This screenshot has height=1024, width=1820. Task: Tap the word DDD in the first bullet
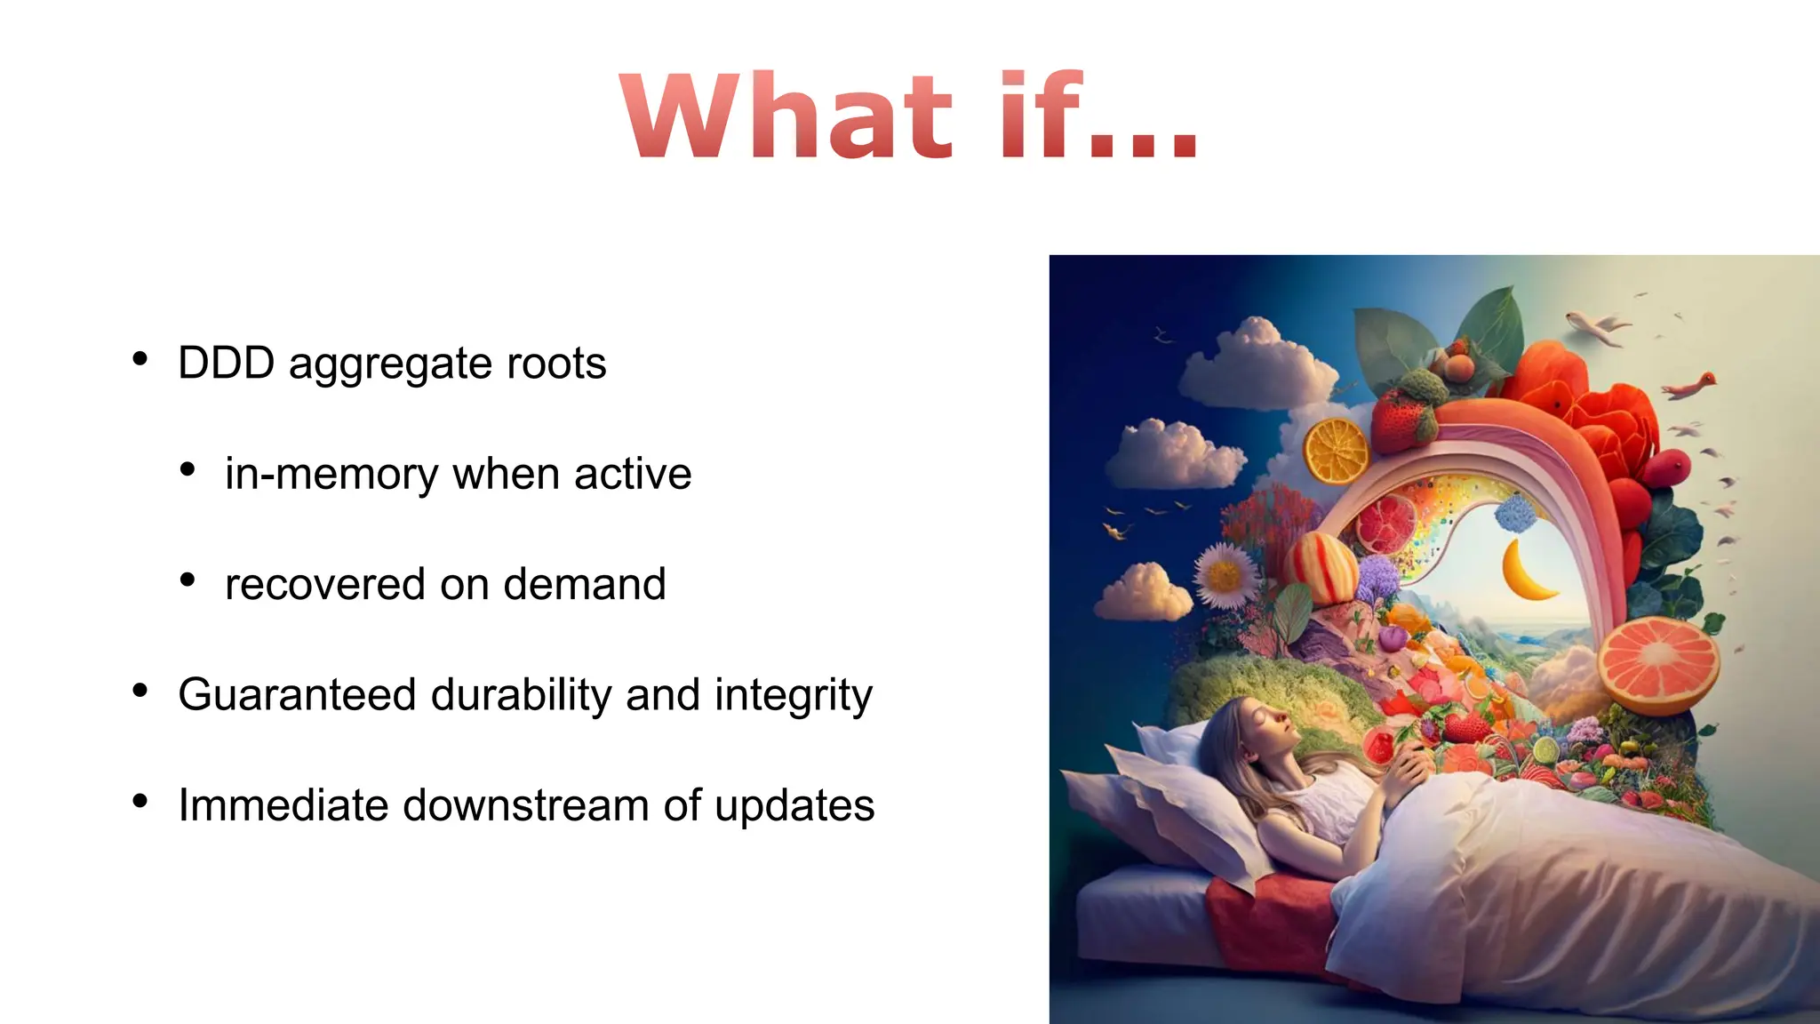tap(226, 364)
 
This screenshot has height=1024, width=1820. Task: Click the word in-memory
tap(331, 474)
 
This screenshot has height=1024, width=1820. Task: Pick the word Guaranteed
tap(297, 695)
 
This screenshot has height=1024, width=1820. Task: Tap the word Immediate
tap(283, 805)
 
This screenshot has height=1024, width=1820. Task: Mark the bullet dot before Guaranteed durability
tap(140, 691)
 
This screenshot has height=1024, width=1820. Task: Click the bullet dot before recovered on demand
tap(188, 580)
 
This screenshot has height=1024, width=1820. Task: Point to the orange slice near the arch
tap(1336, 452)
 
